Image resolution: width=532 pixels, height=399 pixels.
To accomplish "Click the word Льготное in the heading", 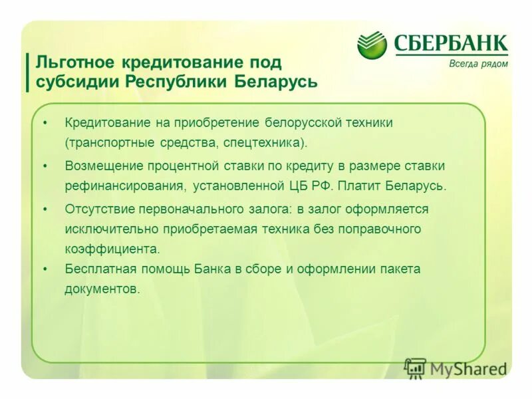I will [74, 62].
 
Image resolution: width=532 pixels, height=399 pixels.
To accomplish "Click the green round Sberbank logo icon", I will [372, 45].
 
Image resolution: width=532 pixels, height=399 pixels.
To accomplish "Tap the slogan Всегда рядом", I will [478, 64].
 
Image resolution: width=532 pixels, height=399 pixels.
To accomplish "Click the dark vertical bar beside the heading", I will [27, 72].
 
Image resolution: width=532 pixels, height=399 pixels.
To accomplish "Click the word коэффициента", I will [112, 249].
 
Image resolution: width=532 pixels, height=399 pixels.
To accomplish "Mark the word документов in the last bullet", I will [102, 289].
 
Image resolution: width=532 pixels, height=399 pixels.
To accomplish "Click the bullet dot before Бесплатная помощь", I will [45, 269].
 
